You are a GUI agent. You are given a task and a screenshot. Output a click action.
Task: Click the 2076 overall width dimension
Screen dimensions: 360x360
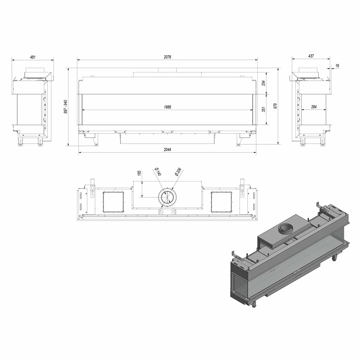167,57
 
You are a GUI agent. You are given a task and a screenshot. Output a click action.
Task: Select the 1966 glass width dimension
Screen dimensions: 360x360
168,107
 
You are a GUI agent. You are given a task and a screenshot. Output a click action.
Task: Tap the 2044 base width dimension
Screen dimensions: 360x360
167,149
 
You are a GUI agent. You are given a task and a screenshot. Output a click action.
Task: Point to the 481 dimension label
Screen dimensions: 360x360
33,57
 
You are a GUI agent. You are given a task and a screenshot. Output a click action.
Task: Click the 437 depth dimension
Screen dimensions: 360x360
311,56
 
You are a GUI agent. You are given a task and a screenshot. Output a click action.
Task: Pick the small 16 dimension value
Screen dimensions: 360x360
337,66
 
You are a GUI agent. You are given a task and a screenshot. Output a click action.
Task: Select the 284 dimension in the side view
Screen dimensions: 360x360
314,107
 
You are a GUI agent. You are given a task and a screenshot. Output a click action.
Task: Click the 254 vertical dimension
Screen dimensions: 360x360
264,83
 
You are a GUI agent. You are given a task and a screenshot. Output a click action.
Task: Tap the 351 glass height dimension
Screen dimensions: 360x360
264,109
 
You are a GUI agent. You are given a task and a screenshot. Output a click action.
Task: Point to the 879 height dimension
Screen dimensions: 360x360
275,106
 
